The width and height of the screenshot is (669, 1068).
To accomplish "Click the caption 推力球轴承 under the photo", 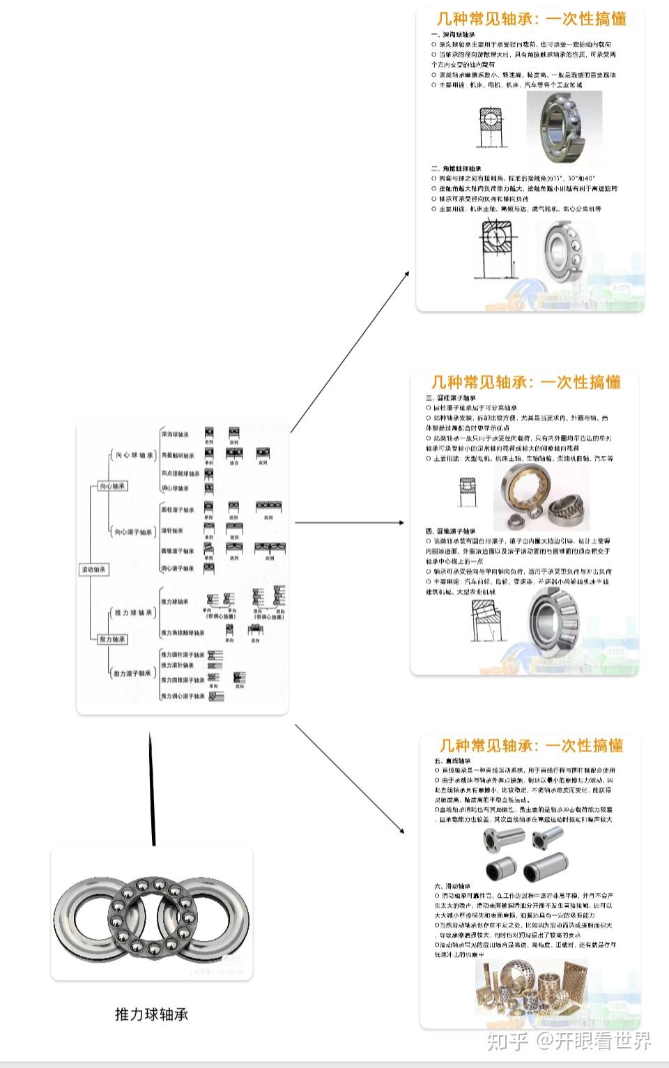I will (x=151, y=1014).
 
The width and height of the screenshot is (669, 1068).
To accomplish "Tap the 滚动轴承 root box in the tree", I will (x=93, y=570).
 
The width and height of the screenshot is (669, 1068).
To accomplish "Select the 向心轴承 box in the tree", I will (x=112, y=486).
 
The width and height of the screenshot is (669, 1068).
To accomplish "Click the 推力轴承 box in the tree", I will (x=112, y=639).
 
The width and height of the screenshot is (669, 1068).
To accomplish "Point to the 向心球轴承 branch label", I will (x=134, y=455).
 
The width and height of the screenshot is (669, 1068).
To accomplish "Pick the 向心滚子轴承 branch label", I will (x=133, y=532).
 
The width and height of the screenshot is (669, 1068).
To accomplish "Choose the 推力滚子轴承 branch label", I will (x=132, y=673).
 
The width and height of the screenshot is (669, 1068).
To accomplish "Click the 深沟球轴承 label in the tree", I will (x=175, y=434).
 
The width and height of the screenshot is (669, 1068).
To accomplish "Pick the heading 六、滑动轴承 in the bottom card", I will (x=453, y=886).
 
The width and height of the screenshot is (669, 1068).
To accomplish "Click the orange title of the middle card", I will (x=525, y=382).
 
